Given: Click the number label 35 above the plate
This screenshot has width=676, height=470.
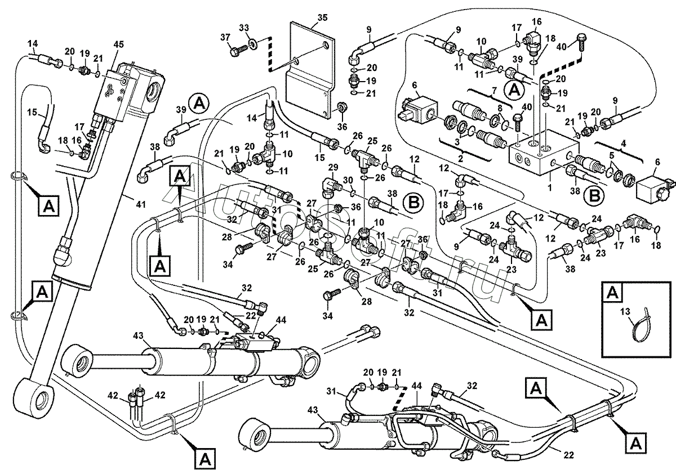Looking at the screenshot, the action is [322, 17].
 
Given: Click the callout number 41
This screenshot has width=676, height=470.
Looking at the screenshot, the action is [141, 204].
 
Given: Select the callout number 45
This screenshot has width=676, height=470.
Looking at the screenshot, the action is [118, 44].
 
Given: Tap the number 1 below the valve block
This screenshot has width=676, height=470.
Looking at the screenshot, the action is [550, 187].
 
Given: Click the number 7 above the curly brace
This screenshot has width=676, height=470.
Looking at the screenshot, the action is [493, 91].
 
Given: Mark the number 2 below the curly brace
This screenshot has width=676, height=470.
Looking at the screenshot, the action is [460, 159].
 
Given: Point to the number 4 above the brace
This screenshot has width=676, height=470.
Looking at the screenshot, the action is [624, 144].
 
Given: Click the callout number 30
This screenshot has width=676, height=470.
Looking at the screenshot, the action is [348, 180].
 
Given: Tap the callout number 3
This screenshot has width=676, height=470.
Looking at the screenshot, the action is [457, 142].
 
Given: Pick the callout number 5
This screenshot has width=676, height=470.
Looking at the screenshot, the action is [611, 156].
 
